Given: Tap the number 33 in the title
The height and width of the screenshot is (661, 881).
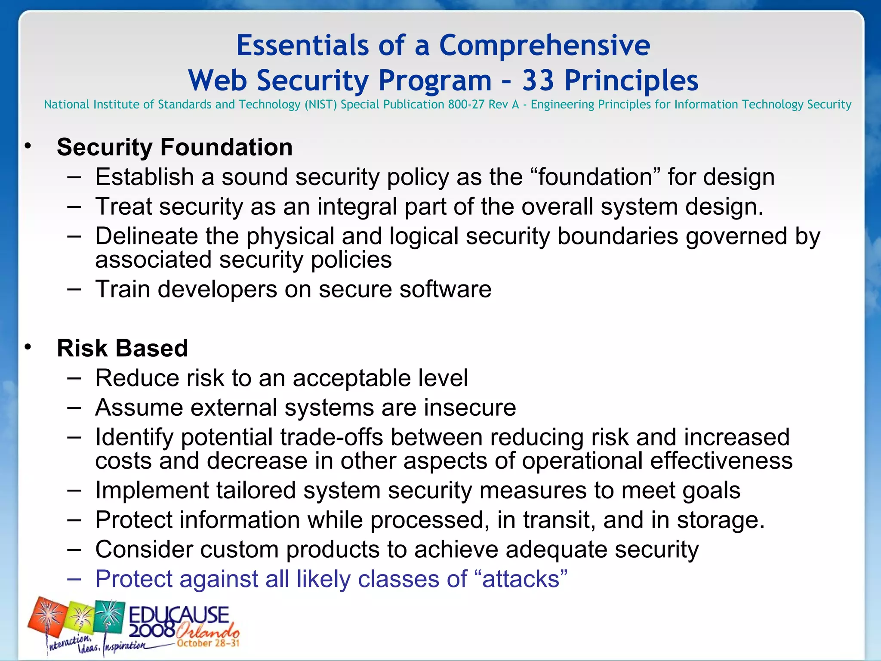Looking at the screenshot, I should [x=538, y=80].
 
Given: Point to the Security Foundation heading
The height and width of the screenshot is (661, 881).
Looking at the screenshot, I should [x=175, y=147].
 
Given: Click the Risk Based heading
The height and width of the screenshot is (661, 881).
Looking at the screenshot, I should [x=122, y=348].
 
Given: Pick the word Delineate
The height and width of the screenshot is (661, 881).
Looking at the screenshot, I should [x=146, y=236].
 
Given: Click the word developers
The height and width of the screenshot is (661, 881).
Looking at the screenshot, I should [x=218, y=289].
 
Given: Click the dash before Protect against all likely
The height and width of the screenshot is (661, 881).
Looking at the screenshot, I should [x=74, y=579].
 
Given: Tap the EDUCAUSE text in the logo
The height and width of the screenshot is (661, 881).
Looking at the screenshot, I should [x=179, y=615].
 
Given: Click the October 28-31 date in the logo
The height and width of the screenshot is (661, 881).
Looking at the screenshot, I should [x=208, y=644].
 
